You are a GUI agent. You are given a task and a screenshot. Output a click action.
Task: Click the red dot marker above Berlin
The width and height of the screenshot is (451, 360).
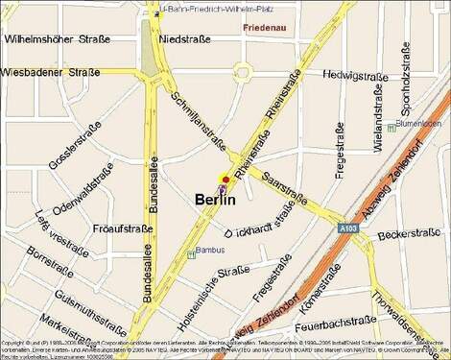225,180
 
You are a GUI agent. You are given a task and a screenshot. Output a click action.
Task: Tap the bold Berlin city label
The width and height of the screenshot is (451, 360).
214,200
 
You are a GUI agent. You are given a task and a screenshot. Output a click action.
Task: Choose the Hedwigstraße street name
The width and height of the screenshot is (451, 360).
355,74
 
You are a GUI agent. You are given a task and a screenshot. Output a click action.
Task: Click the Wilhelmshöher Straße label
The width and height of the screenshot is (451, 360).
58,39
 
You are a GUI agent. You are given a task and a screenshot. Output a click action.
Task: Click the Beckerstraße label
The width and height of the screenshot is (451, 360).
401,234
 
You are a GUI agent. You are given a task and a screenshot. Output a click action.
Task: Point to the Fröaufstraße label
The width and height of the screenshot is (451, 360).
123,228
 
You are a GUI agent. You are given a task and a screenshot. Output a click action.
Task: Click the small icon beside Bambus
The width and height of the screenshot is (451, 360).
191,253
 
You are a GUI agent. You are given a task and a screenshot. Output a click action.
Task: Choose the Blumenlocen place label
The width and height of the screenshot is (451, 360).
419,124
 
